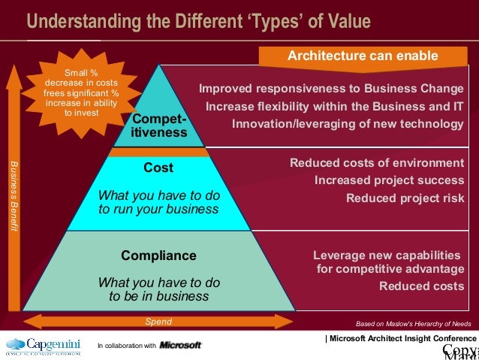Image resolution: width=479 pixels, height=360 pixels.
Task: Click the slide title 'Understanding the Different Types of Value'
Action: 199,20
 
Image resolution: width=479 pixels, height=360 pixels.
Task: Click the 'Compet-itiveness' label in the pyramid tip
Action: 158,126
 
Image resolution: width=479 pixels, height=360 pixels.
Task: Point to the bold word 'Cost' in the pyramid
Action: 158,168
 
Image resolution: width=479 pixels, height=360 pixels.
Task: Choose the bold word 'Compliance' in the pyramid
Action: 158,256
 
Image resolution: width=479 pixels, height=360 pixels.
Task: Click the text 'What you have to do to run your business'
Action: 158,202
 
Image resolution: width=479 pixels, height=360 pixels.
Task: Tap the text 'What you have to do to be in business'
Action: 158,289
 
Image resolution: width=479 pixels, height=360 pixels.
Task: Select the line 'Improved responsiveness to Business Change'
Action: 331,89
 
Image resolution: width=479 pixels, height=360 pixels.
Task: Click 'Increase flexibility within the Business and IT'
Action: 334,106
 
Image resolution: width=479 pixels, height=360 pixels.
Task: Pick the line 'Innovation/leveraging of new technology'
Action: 348,123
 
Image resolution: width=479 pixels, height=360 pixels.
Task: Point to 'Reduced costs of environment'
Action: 376,163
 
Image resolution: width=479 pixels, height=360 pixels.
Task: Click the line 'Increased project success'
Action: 389,180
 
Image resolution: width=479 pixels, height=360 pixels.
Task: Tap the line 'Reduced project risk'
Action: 405,198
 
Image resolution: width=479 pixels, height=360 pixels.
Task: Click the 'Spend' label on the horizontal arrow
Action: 158,322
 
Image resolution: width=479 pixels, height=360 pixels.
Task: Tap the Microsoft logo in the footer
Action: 180,345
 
